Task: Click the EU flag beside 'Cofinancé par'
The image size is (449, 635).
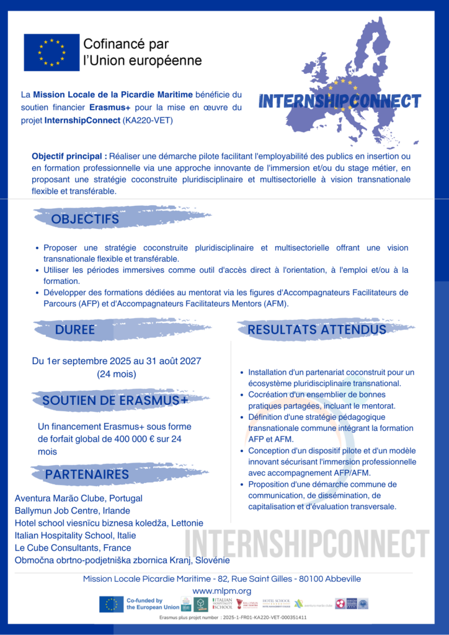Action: point(51,52)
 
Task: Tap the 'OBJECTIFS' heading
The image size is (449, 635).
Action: point(85,220)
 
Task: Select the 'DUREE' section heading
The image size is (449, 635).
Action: point(75,330)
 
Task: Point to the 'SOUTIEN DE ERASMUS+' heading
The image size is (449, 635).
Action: point(115,401)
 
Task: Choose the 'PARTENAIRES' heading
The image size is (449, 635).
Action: point(87,474)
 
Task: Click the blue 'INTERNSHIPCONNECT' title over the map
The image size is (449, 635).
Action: point(339,102)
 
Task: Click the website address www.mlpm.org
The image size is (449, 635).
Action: point(221,591)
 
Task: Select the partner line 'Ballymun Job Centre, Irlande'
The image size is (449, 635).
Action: point(73,511)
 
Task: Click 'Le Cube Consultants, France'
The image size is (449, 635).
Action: point(73,548)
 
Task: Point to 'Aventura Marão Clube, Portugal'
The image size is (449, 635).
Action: point(79,499)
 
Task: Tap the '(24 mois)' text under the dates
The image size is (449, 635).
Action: point(117,374)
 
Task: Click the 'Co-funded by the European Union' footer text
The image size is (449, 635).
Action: point(144,604)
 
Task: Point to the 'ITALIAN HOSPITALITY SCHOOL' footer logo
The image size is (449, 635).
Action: point(222,604)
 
